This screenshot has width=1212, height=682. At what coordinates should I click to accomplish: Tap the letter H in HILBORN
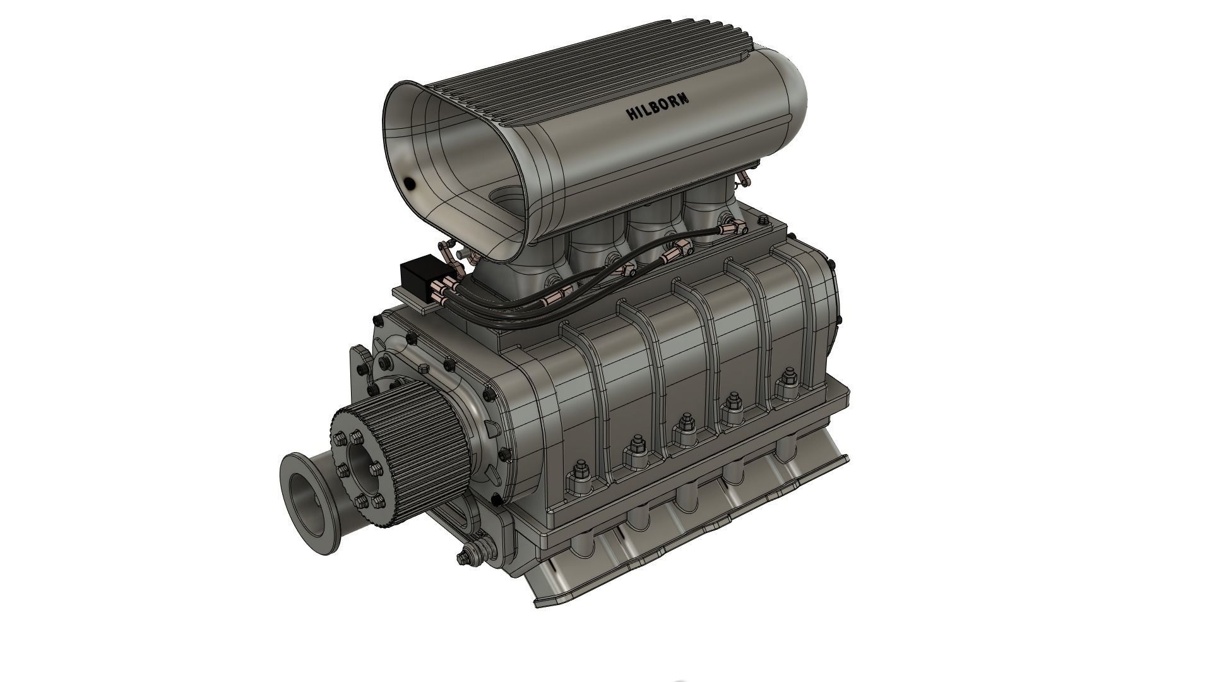point(631,114)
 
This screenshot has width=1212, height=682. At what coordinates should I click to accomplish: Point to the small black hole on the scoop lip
point(409,184)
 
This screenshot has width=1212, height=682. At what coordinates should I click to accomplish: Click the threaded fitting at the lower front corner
point(467,556)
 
